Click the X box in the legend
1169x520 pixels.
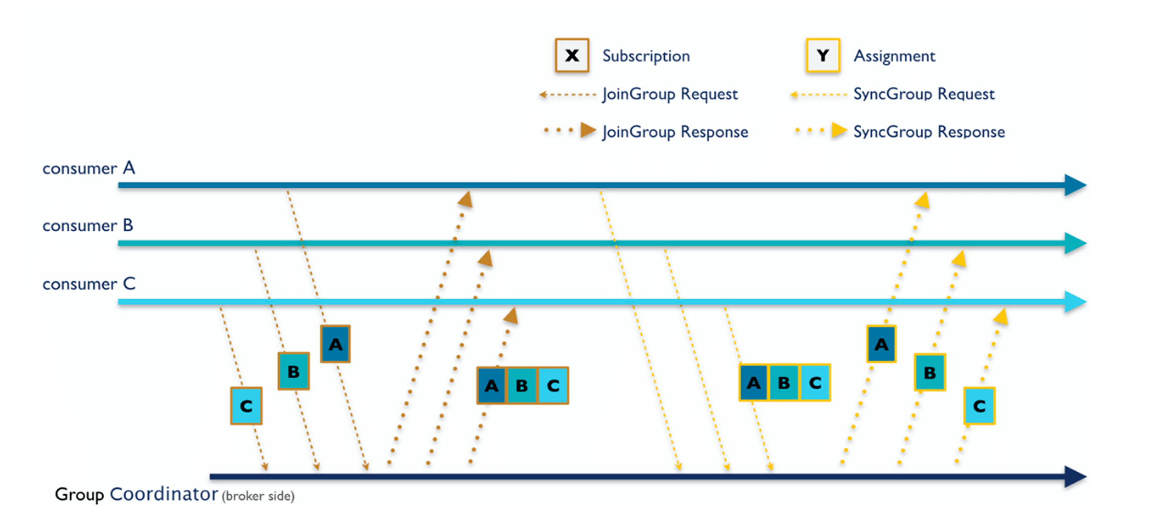(x=572, y=55)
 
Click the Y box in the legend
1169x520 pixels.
(x=823, y=55)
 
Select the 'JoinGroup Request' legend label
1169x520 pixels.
(x=670, y=94)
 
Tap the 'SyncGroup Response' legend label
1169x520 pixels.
(x=929, y=132)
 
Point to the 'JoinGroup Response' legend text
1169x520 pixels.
(x=675, y=132)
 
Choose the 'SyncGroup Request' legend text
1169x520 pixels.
(x=924, y=94)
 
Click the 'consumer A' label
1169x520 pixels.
(x=89, y=168)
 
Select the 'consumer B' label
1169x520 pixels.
(x=88, y=226)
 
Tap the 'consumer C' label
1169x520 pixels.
(x=89, y=284)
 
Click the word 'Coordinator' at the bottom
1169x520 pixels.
(x=164, y=494)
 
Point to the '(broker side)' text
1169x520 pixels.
(x=258, y=496)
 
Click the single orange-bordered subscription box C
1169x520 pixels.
(x=246, y=406)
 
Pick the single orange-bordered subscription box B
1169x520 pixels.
(x=293, y=371)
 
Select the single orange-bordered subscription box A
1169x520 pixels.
(x=335, y=344)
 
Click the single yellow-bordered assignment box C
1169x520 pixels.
(x=979, y=406)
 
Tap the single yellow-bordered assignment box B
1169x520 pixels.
(x=930, y=372)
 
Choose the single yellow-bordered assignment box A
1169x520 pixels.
(x=881, y=344)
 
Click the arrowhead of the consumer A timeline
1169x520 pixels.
(x=1076, y=185)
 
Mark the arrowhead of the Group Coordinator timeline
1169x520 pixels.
(x=1076, y=476)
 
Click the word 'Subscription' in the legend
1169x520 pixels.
(x=646, y=56)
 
